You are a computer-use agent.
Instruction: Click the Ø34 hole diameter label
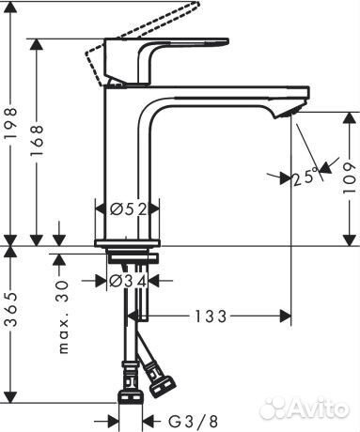click(x=128, y=280)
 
